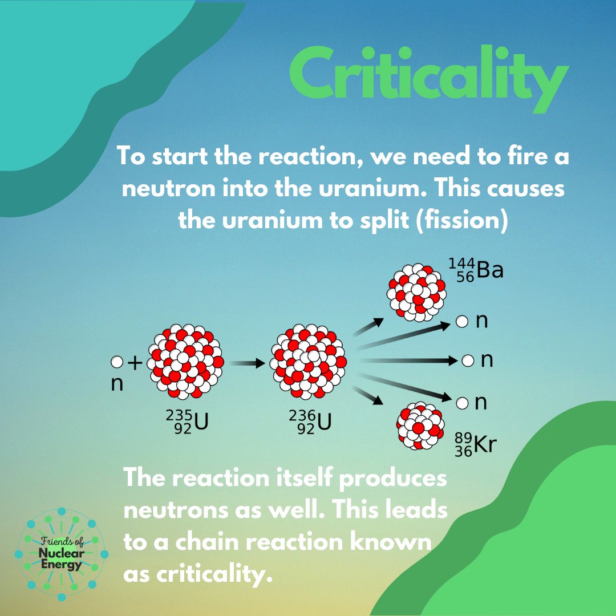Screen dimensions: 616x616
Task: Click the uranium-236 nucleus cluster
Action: coord(309,362)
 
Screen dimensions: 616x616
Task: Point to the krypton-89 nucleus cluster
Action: coord(421,425)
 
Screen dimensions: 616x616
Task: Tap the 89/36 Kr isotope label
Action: coord(473,445)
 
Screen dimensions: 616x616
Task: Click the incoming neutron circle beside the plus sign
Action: coord(116,362)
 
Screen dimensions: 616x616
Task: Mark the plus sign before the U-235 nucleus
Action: coord(135,362)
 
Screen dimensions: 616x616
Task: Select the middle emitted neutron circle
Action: coord(467,361)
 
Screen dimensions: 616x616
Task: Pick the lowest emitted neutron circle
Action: coord(462,403)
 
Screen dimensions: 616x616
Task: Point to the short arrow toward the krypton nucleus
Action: coord(368,395)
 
